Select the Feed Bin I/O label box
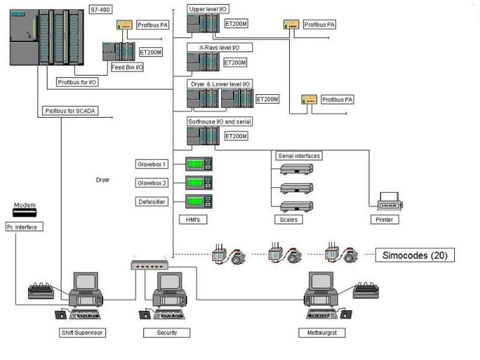tap(127, 67)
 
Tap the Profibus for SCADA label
tap(71, 111)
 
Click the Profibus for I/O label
tap(77, 81)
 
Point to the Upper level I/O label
tap(208, 10)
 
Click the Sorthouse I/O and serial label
tap(220, 122)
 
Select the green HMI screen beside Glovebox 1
tap(199, 164)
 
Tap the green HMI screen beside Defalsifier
tap(199, 202)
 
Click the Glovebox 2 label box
tap(152, 183)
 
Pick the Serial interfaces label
tap(299, 156)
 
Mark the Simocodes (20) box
tap(415, 256)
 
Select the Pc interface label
tap(22, 227)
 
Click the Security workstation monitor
tap(170, 282)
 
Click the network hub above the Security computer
tap(149, 265)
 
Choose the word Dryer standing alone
tap(103, 180)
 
